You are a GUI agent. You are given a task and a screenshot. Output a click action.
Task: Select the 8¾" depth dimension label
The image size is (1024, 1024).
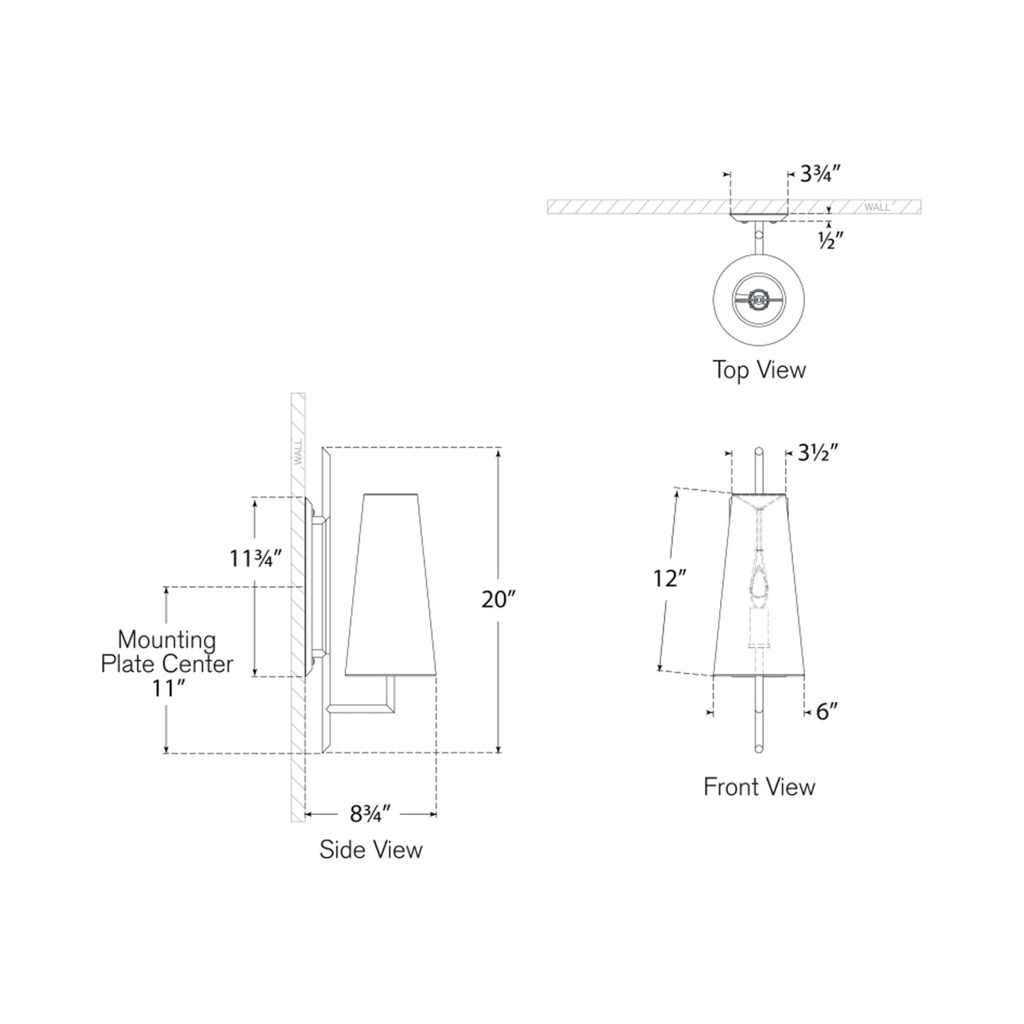tap(370, 814)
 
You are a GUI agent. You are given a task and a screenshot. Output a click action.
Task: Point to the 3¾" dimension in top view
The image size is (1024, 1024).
tap(820, 174)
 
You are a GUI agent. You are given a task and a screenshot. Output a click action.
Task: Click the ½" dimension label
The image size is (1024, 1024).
tap(830, 242)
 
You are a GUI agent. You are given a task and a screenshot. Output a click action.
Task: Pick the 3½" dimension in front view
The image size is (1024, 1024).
tap(818, 452)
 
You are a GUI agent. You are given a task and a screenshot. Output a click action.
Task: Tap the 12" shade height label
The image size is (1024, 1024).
tap(670, 579)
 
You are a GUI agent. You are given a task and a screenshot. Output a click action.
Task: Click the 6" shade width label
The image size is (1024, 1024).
tap(826, 711)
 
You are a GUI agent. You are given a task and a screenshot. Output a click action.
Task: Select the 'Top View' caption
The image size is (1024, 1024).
tap(759, 370)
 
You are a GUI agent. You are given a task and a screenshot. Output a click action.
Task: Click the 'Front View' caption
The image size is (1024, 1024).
tap(759, 787)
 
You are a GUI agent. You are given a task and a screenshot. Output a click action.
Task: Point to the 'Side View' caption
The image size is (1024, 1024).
tap(371, 850)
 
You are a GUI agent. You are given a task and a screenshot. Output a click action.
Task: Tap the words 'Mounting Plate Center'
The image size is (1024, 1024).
tap(167, 652)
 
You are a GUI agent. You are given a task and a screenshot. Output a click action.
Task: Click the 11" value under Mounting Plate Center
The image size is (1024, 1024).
tap(167, 688)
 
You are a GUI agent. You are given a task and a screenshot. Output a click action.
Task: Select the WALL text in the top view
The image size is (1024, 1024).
tap(877, 207)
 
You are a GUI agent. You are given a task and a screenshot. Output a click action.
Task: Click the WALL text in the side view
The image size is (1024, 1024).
tap(298, 451)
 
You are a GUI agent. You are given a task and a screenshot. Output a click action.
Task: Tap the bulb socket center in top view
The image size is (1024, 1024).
tap(759, 300)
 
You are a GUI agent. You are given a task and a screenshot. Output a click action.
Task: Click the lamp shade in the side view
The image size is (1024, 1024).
tap(389, 585)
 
